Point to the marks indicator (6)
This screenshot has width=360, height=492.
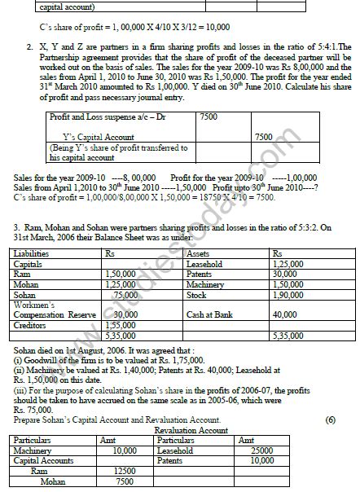coord(329,419)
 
